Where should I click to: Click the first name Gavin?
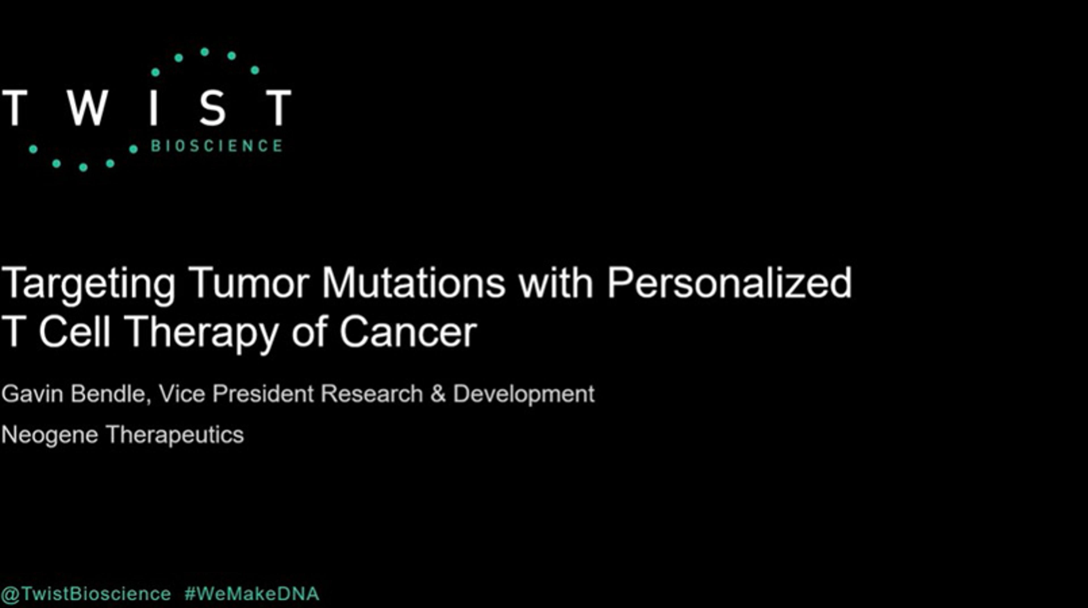[32, 394]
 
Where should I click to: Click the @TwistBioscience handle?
[86, 594]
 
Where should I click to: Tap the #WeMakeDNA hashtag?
[252, 594]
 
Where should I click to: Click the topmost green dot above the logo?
[204, 52]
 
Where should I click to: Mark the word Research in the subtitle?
[372, 394]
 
